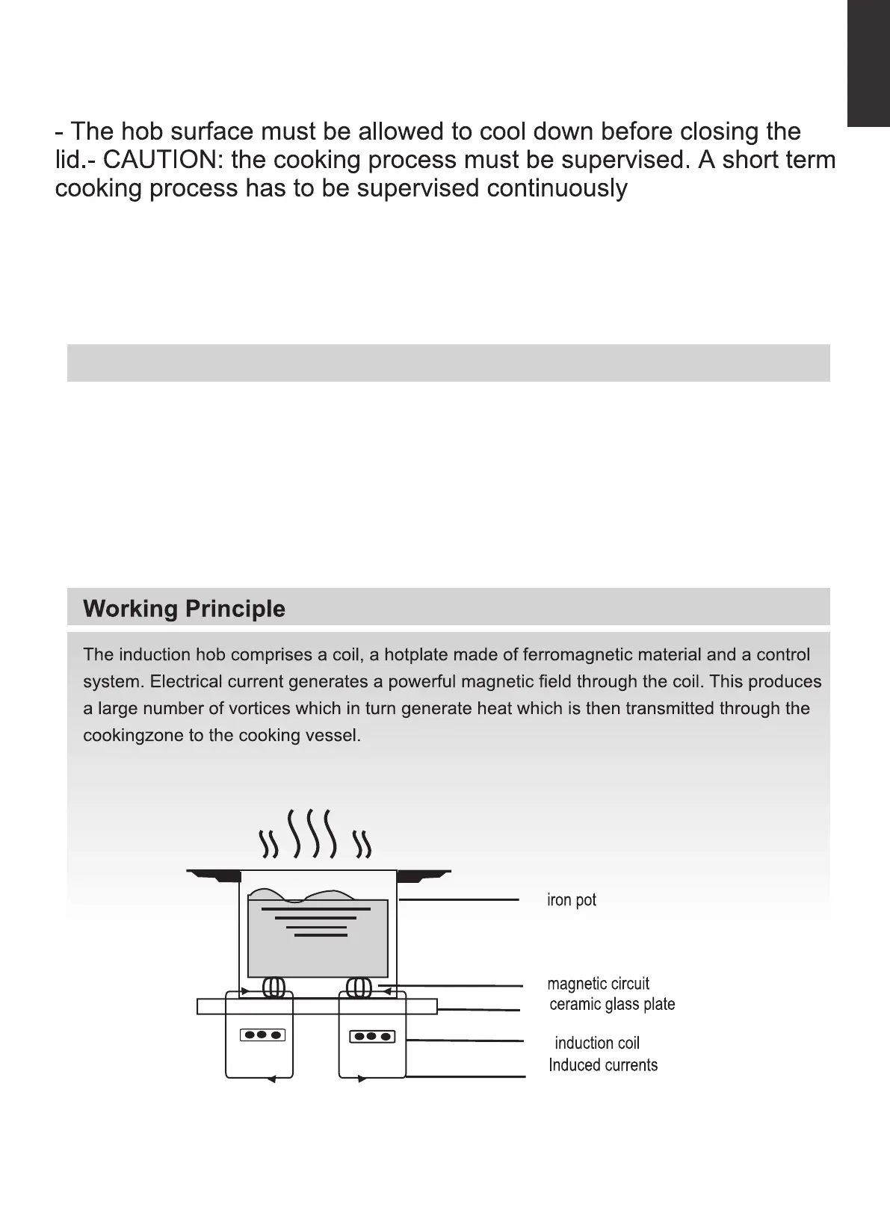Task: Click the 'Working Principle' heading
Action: point(184,609)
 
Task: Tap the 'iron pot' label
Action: point(572,900)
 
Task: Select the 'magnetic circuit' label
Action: point(598,984)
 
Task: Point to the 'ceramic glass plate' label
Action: point(612,1005)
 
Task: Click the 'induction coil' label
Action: point(597,1044)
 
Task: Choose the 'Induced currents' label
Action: point(603,1065)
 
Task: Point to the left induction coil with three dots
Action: point(262,1035)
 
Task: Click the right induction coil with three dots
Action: point(372,1036)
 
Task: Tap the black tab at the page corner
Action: point(868,63)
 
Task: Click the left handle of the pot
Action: point(211,874)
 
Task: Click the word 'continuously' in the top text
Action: point(557,188)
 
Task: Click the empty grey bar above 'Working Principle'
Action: point(448,363)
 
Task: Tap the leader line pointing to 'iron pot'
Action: point(459,900)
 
